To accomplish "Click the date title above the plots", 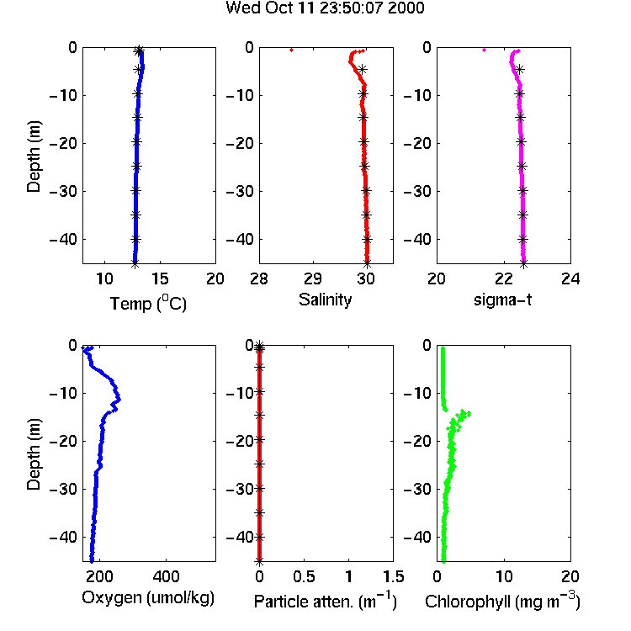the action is point(325,8).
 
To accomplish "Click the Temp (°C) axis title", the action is point(148,303).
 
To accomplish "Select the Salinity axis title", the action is point(325,300).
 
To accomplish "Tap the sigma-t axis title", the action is point(502,300).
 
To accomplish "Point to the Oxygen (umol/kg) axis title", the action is point(148,598).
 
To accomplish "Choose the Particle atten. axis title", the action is point(326,601).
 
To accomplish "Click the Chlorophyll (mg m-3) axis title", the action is point(502,601).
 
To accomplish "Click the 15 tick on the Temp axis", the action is point(160,278).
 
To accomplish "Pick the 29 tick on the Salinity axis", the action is point(313,278).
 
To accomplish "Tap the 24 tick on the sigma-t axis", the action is point(570,278).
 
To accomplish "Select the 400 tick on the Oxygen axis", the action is point(167,576).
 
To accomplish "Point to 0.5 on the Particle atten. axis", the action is point(304,576).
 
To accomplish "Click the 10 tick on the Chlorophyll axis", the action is point(504,576).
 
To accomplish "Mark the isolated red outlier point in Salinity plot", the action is point(291,50).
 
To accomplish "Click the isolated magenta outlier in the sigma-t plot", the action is point(484,50).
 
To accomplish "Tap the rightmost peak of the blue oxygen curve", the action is point(119,400).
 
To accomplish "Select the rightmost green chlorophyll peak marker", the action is point(468,414).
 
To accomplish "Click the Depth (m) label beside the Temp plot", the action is point(34,156).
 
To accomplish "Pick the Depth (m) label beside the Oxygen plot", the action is point(34,454).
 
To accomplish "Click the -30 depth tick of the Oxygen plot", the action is point(63,489).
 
